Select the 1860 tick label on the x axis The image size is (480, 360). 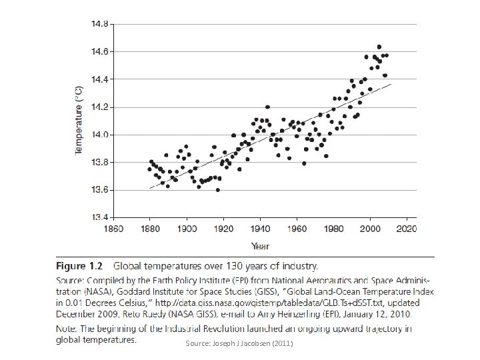[x=113, y=230]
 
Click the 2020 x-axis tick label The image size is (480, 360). [x=407, y=230]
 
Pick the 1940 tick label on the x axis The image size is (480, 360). [x=260, y=230]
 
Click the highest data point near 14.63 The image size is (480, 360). [x=379, y=47]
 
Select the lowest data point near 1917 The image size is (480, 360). [x=218, y=190]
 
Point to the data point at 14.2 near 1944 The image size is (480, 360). [x=267, y=107]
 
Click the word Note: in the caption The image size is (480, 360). [x=67, y=329]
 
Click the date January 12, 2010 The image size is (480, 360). [x=376, y=313]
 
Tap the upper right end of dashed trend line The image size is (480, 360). [x=391, y=84]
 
